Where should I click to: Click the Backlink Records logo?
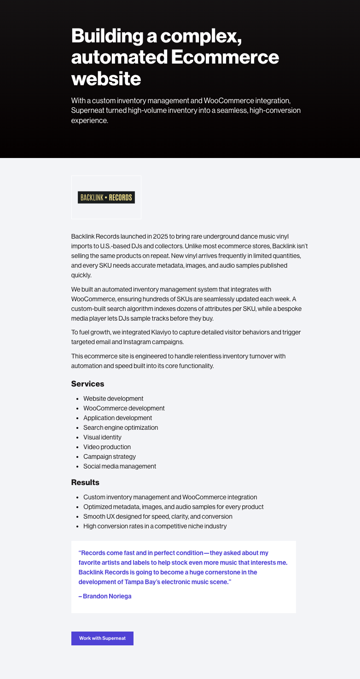106,198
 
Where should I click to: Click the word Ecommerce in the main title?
225,58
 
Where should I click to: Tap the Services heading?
87,384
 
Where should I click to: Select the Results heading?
85,482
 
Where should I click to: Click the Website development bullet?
113,398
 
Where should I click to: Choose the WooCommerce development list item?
124,408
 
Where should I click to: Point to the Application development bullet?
117,418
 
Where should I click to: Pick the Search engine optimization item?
121,427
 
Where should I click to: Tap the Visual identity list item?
102,437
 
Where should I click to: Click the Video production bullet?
107,447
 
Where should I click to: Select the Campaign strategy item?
110,457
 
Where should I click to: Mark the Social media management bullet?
120,466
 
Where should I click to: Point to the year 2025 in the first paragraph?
163,236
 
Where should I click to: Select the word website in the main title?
106,79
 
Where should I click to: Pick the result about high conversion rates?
155,526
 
